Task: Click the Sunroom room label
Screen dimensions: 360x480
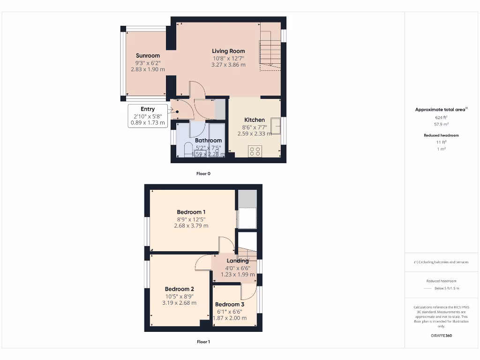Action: [x=148, y=55]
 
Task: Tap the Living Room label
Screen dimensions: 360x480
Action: [x=228, y=51]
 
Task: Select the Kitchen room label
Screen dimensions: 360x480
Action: [x=255, y=120]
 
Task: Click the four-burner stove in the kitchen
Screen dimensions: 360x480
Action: [x=255, y=151]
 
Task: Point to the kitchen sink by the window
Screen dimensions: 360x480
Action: [x=276, y=127]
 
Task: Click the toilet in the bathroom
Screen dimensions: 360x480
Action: [x=188, y=150]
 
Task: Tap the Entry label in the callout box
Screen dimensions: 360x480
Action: [x=148, y=109]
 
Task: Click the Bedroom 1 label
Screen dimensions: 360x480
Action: [x=191, y=212]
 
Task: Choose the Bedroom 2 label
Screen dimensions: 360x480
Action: [x=179, y=289]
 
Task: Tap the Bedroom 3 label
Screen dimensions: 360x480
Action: [x=230, y=305]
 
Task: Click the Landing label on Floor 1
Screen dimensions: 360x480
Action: [x=238, y=261]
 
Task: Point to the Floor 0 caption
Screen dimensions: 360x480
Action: [x=203, y=173]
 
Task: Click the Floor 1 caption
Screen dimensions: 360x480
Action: [x=203, y=342]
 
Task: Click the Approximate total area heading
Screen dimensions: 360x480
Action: [x=440, y=110]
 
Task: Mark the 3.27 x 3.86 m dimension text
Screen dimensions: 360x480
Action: [x=228, y=65]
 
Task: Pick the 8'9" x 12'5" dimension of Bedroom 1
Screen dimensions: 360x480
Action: [x=191, y=219]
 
